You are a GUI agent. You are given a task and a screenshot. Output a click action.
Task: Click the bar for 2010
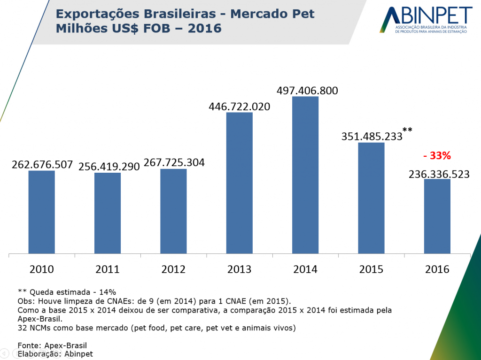click(42, 212)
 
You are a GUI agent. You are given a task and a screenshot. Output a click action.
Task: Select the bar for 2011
click(108, 213)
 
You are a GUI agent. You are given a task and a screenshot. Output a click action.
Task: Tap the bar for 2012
click(173, 211)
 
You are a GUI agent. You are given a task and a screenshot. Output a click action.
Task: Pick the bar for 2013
click(240, 183)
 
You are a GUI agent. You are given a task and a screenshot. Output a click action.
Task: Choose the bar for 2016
click(437, 216)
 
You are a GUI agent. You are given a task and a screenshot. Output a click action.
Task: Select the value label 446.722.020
click(240, 107)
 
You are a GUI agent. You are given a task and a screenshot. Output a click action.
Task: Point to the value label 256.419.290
click(109, 167)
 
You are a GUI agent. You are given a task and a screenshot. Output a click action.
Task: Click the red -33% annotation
click(437, 155)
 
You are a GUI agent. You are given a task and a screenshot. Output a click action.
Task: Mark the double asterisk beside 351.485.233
click(407, 130)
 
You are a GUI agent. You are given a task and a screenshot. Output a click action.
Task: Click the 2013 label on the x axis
click(239, 269)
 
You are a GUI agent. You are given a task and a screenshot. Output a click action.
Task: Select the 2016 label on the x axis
click(437, 269)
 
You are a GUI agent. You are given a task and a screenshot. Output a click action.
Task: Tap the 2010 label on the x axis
click(41, 269)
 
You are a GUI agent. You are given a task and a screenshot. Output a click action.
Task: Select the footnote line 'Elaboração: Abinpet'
click(55, 354)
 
